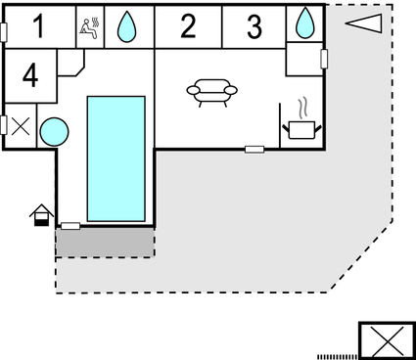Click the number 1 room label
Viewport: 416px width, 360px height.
coord(39,26)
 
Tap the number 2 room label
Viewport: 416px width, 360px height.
coord(188,26)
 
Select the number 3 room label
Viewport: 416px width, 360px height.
coord(254,26)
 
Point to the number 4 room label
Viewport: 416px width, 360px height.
coord(30,75)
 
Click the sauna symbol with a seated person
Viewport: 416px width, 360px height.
coord(90,26)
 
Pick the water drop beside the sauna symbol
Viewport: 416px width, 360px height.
coord(127,26)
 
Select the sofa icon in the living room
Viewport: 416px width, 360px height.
coord(211,91)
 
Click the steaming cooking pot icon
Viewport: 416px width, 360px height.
coord(300,120)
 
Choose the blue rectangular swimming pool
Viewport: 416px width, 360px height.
coord(117,157)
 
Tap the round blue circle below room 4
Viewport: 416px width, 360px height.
coord(54,130)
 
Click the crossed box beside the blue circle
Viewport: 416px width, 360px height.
coord(19,127)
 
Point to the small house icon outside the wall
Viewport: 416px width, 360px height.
coord(40,214)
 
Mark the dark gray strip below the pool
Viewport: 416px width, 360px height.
coord(105,242)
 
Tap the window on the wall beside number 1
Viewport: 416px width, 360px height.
coord(5,30)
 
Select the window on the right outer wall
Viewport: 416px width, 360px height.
coord(323,59)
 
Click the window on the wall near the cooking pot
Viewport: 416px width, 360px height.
coord(254,149)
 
